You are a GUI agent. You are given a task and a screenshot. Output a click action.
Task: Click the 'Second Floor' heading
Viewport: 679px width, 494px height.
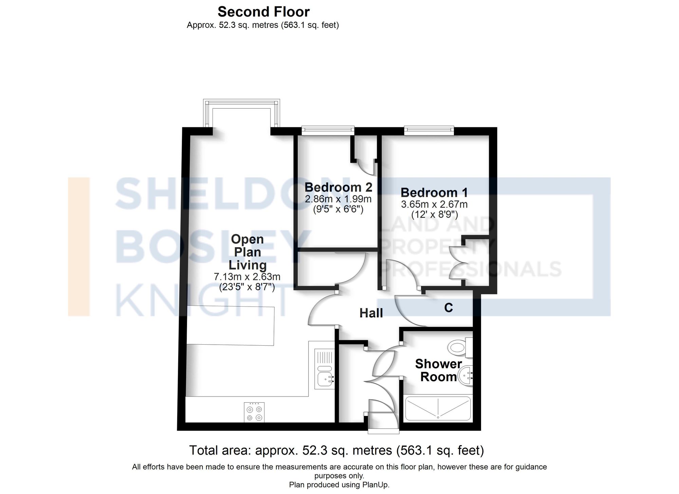(263, 12)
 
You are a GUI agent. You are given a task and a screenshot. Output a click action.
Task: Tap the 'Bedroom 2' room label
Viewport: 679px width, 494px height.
(338, 187)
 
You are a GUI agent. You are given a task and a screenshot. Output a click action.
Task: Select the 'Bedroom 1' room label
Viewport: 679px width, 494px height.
(434, 193)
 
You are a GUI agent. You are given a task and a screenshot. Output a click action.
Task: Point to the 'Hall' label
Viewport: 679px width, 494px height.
(371, 313)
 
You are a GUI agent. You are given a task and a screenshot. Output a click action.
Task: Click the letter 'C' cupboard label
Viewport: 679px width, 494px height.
(448, 308)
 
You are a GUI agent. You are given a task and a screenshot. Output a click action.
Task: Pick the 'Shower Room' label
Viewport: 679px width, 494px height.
(438, 370)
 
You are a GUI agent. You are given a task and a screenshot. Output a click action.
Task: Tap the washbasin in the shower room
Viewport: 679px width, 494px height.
(465, 376)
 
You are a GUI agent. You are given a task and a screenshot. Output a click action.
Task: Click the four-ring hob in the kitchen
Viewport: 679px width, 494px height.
(254, 413)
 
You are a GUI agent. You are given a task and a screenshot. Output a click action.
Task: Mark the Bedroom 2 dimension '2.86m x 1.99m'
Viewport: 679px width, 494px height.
(338, 199)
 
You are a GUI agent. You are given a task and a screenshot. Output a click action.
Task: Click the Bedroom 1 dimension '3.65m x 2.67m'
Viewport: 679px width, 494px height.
(434, 204)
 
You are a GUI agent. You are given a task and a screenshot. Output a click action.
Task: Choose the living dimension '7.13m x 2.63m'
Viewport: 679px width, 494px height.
(247, 277)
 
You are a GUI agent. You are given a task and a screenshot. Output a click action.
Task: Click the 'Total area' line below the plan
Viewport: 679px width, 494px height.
(336, 451)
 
